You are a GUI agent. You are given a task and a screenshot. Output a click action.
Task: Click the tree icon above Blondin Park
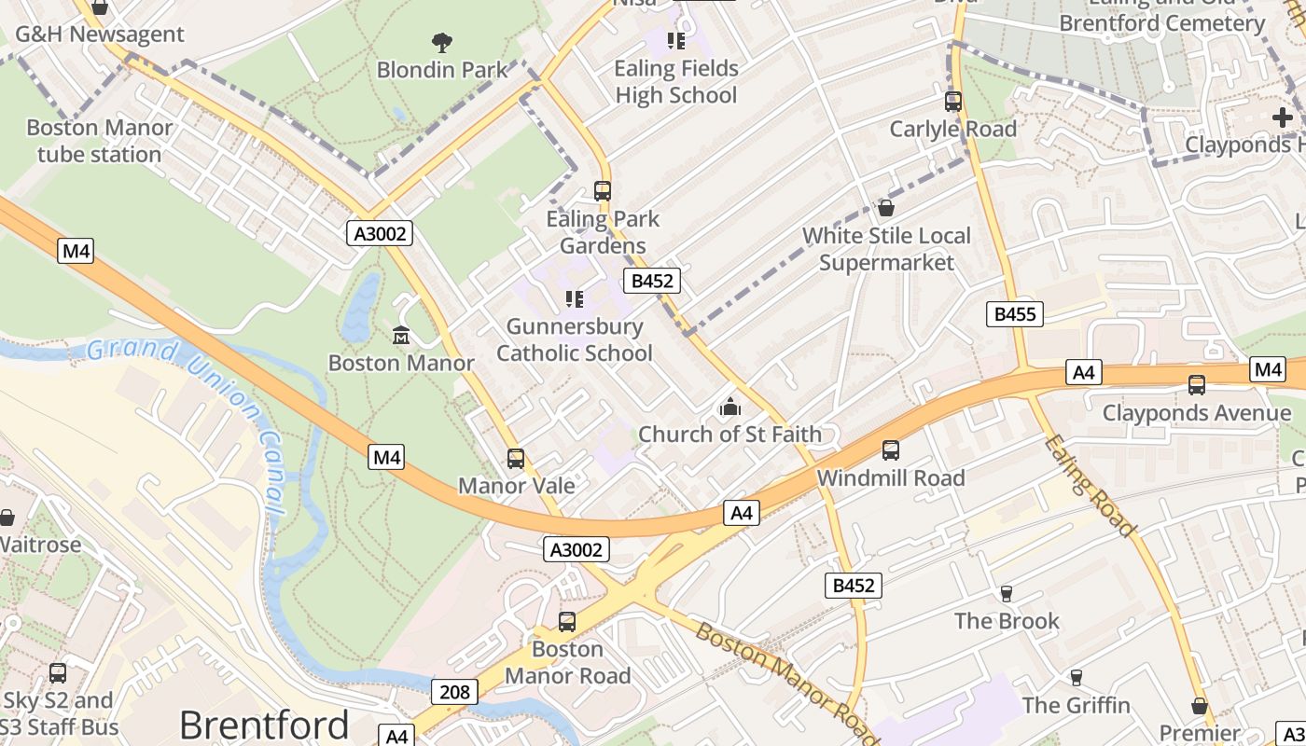click(x=441, y=42)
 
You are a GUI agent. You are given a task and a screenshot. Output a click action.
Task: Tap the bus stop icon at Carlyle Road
click(x=952, y=102)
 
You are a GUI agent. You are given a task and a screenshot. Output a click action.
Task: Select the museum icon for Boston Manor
click(x=401, y=335)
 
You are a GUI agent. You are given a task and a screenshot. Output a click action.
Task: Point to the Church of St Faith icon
click(x=729, y=407)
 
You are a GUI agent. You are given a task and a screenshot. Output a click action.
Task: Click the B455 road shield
click(x=1014, y=314)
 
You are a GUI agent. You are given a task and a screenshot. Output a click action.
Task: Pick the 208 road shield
click(x=454, y=692)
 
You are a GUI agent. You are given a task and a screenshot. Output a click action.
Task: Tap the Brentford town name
click(x=264, y=725)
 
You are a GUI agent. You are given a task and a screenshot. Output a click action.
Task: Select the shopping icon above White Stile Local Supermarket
click(x=886, y=208)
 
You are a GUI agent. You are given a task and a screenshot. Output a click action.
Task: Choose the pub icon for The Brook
click(x=1006, y=593)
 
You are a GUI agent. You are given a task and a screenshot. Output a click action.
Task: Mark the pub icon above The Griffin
click(x=1076, y=678)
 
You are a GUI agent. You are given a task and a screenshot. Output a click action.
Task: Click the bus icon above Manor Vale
click(x=516, y=459)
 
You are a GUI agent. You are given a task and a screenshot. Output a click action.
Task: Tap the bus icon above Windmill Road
click(x=891, y=450)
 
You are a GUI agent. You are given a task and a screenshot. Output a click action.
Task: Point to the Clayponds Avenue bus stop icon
click(x=1197, y=385)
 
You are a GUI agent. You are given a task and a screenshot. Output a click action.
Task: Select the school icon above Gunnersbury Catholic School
click(x=575, y=299)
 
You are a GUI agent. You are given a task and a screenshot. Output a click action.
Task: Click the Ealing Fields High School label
click(x=676, y=82)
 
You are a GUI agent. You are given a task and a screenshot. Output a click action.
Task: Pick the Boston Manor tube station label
click(x=100, y=141)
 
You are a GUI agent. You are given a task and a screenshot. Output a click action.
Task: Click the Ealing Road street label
click(x=1090, y=486)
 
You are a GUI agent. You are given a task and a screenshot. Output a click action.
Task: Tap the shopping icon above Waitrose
click(x=7, y=518)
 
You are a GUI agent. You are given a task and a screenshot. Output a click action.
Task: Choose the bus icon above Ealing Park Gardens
click(x=603, y=191)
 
